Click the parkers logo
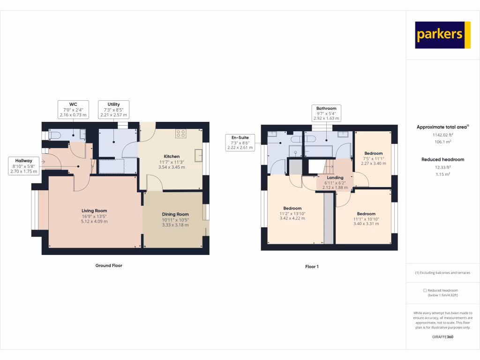(x=442, y=35)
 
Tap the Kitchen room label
(x=172, y=162)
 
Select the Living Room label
(x=94, y=216)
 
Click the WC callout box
(x=73, y=109)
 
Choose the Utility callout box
(x=113, y=109)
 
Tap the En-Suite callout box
(x=240, y=142)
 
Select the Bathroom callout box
(x=326, y=113)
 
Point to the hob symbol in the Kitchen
(x=180, y=134)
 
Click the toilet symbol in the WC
(x=54, y=135)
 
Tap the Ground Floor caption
(x=109, y=265)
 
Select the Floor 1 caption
(x=312, y=267)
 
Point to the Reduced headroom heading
(x=442, y=159)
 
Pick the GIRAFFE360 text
(x=442, y=337)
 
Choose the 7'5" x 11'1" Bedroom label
(x=374, y=158)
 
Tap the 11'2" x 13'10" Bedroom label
(x=292, y=213)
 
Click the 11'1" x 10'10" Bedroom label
(x=366, y=219)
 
